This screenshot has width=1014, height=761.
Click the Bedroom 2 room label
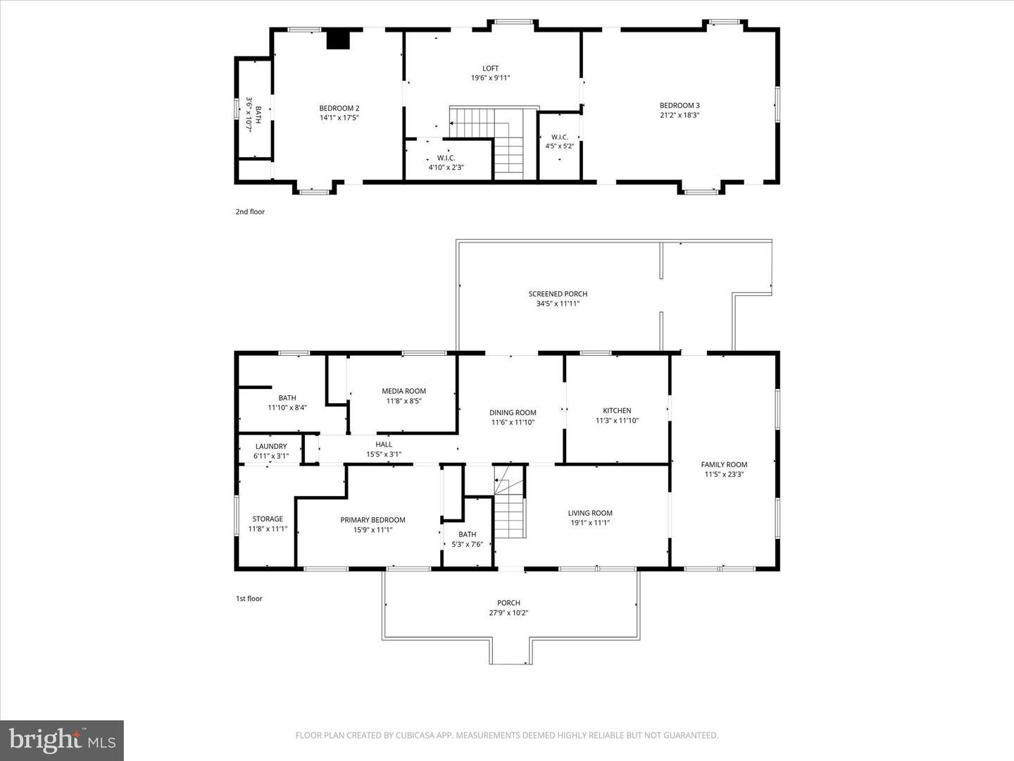pos(339,108)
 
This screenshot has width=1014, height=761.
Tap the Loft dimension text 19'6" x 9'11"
pos(490,78)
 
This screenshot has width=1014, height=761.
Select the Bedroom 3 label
pos(679,106)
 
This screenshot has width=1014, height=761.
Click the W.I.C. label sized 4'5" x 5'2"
pos(559,137)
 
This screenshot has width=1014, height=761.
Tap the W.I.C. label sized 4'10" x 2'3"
pos(446,159)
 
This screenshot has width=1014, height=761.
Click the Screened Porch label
pos(558,294)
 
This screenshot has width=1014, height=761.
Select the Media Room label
pos(403,391)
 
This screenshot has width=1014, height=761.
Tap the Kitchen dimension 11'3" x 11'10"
pos(617,421)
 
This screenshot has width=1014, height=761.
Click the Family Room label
pos(724,464)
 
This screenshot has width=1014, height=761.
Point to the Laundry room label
pos(271,446)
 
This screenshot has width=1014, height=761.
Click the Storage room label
pos(268,519)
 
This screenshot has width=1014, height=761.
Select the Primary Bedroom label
pos(373,520)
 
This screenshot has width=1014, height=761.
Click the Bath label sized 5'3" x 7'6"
pos(467,534)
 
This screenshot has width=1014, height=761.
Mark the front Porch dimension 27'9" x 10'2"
pos(508,613)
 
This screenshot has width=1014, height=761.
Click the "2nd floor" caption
pos(250,211)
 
